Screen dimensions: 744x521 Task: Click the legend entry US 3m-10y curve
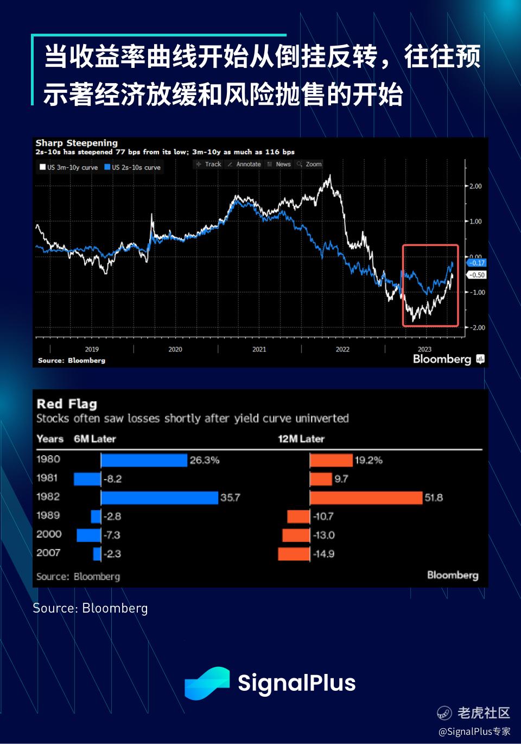[69, 167]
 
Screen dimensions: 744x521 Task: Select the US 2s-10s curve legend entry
[133, 167]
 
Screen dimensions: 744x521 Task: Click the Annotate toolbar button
[245, 164]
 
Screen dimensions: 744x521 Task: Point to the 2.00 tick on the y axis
[475, 186]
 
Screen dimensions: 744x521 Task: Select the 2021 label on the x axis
[259, 349]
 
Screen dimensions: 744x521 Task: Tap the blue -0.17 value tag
[476, 263]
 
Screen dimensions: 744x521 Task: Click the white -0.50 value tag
[476, 275]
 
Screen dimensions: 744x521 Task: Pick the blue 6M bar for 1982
[160, 497]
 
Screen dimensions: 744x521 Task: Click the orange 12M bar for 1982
[366, 497]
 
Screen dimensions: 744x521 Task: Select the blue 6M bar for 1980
[144, 460]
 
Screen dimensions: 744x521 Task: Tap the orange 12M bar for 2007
[294, 554]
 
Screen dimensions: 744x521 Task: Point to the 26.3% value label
[205, 460]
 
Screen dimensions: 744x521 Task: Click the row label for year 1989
[48, 515]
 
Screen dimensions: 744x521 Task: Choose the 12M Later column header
[301, 439]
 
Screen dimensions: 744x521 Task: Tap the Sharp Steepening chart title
[77, 143]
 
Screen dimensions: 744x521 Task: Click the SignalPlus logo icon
[207, 683]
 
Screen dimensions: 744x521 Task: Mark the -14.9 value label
[323, 554]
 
